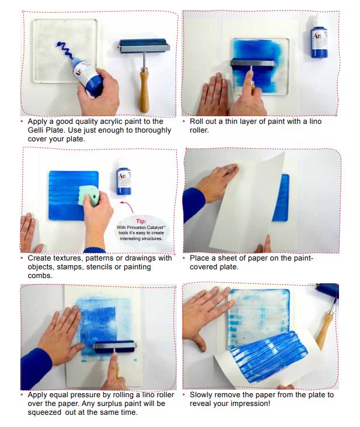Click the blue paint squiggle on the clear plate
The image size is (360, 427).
click(x=65, y=50)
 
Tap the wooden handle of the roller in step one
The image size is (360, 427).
click(x=144, y=90)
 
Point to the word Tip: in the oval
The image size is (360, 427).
click(x=141, y=221)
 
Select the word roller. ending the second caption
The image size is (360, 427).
click(x=200, y=130)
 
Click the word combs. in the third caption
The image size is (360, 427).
click(x=40, y=276)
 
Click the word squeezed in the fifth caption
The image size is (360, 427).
click(x=44, y=412)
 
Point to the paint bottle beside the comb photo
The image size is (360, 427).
click(x=124, y=180)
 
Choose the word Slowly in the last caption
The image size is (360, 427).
click(x=201, y=395)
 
